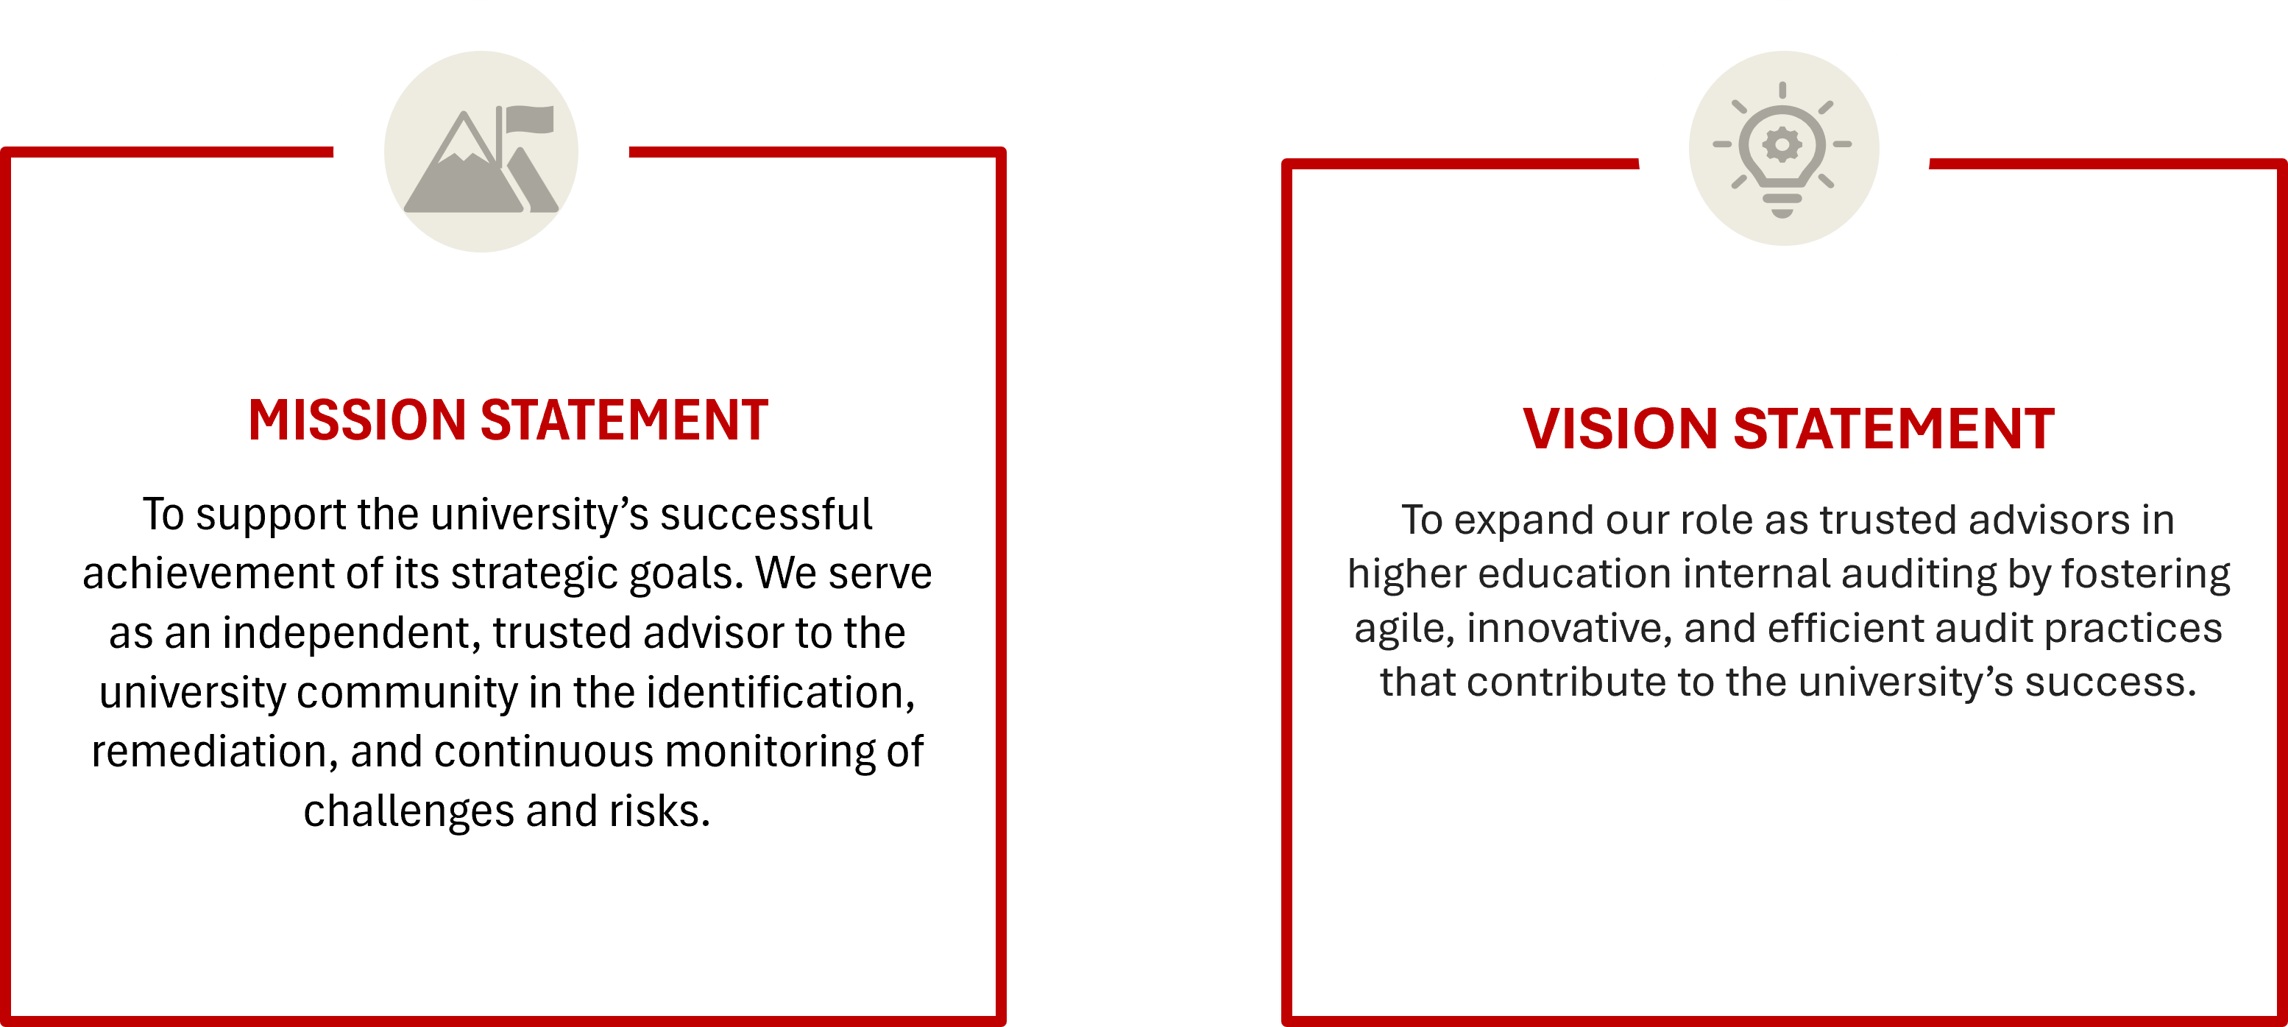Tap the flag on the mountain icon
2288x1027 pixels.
[x=529, y=119]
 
